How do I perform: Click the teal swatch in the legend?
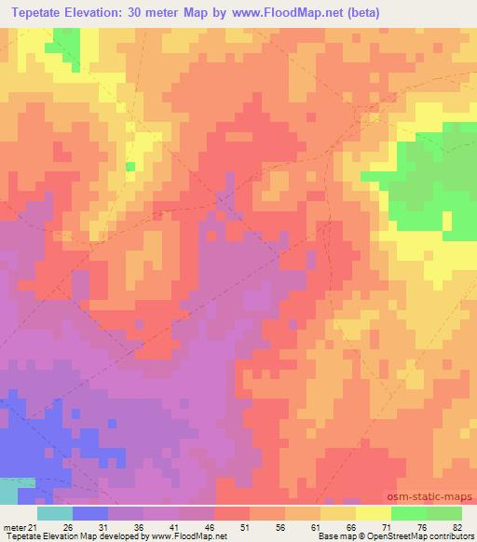pyautogui.click(x=55, y=513)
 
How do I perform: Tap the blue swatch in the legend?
pyautogui.click(x=90, y=513)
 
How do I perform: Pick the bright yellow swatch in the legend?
pyautogui.click(x=374, y=513)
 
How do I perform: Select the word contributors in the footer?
pyautogui.click(x=450, y=537)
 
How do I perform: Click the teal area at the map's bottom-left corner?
pyautogui.click(x=13, y=491)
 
